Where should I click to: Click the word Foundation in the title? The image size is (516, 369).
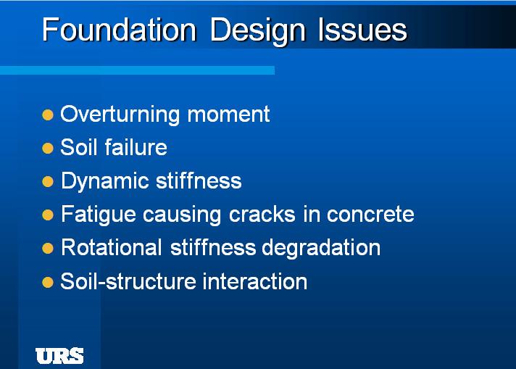[x=119, y=30]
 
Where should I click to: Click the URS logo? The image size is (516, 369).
[x=59, y=356]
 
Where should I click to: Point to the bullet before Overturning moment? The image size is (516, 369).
[x=48, y=115]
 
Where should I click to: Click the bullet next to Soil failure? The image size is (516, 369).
[x=48, y=148]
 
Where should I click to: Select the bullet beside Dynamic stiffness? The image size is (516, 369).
[x=48, y=181]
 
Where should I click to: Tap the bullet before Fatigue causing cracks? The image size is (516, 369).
[x=48, y=215]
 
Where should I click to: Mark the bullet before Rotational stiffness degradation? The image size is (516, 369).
[x=48, y=248]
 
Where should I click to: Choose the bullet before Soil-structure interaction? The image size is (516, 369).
[x=48, y=281]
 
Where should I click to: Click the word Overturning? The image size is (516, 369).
[x=120, y=115]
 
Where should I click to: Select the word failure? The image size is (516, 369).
[x=136, y=148]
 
